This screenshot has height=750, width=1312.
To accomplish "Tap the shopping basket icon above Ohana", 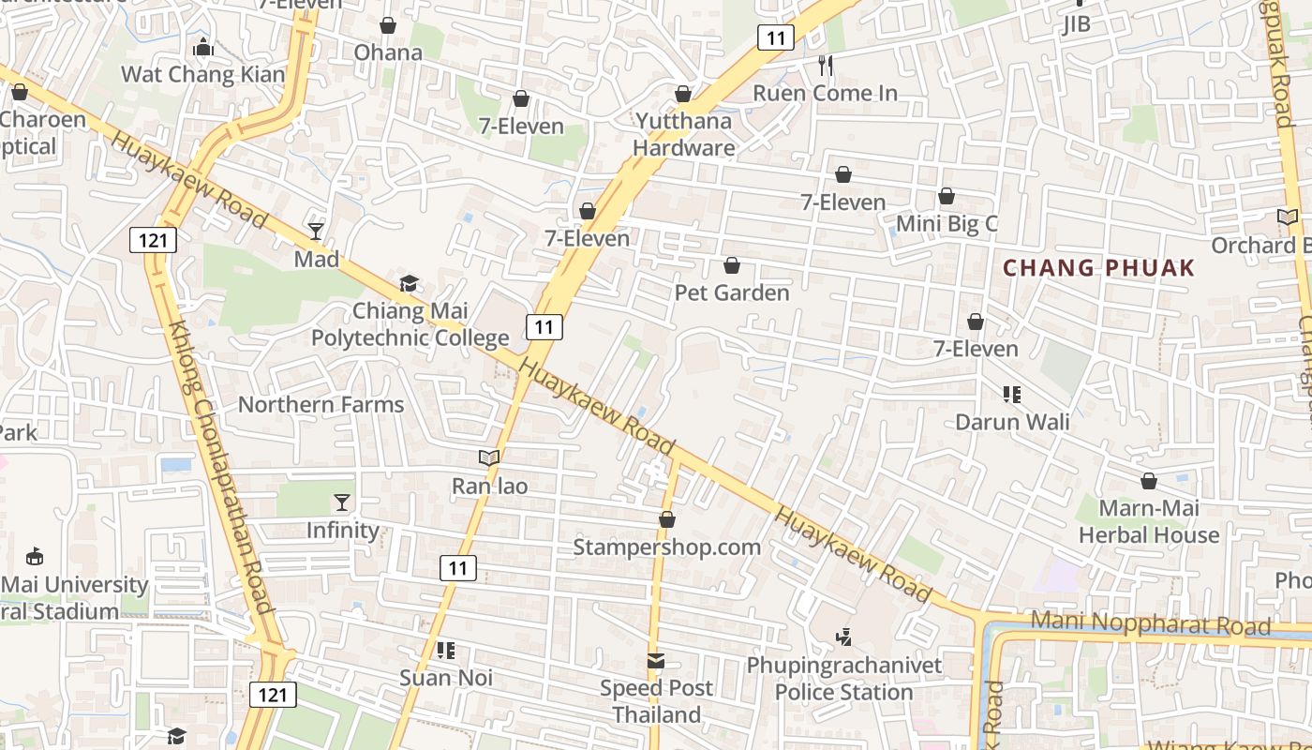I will tap(388, 25).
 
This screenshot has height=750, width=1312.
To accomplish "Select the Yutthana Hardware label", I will tap(684, 134).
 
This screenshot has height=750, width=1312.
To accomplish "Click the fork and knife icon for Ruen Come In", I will tap(826, 65).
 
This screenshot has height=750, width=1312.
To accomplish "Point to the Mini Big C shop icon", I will tap(947, 196).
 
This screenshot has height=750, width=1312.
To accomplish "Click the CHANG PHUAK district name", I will tap(1099, 268).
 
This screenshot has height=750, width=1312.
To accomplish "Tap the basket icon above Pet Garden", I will tap(732, 266).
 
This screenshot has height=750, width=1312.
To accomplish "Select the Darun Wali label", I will tap(1012, 421).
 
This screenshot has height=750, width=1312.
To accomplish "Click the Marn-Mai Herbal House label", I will tap(1149, 522).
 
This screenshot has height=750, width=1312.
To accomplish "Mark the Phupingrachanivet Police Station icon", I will tap(843, 637).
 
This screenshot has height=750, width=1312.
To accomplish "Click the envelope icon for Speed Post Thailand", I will tap(656, 661).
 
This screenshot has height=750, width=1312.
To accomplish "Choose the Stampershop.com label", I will tap(667, 547).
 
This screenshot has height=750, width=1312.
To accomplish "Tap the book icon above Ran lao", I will tap(489, 457).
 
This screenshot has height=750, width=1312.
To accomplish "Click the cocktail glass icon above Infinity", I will tap(342, 502).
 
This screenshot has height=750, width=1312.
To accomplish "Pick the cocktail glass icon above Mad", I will tap(316, 231).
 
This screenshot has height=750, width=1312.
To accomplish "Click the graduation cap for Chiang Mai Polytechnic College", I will tap(409, 283).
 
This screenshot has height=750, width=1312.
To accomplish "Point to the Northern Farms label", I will tap(321, 404).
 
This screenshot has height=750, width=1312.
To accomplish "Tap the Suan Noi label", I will tap(446, 677).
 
